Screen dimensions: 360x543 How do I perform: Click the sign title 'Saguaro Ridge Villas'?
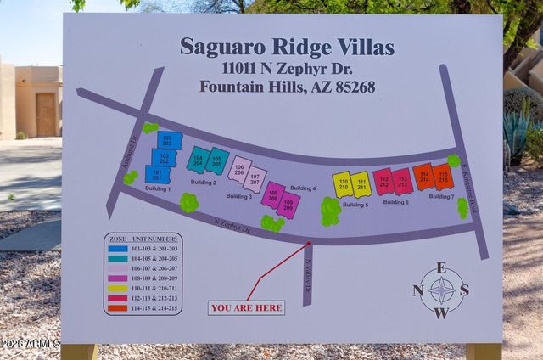[x=287, y=47]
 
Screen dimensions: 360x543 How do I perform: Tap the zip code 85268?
[x=351, y=87]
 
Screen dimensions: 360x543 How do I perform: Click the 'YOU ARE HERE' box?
[x=246, y=308]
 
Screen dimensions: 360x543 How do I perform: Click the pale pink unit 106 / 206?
[x=239, y=169]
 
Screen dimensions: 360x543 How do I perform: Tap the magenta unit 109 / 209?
[x=288, y=204]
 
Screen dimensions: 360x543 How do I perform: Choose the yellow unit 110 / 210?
[x=343, y=184]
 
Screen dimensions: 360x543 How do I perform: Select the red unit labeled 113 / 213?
[x=402, y=182]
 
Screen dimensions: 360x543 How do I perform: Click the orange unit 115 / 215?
[x=442, y=177]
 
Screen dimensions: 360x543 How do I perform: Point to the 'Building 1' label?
[x=157, y=188]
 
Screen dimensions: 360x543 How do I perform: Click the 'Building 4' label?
[x=303, y=188]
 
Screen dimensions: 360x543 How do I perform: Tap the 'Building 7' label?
[x=440, y=196]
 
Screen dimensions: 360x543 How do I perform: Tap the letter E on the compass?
[x=441, y=267]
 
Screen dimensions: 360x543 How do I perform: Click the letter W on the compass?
[x=441, y=312]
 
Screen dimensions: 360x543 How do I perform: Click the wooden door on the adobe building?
[x=45, y=115]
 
